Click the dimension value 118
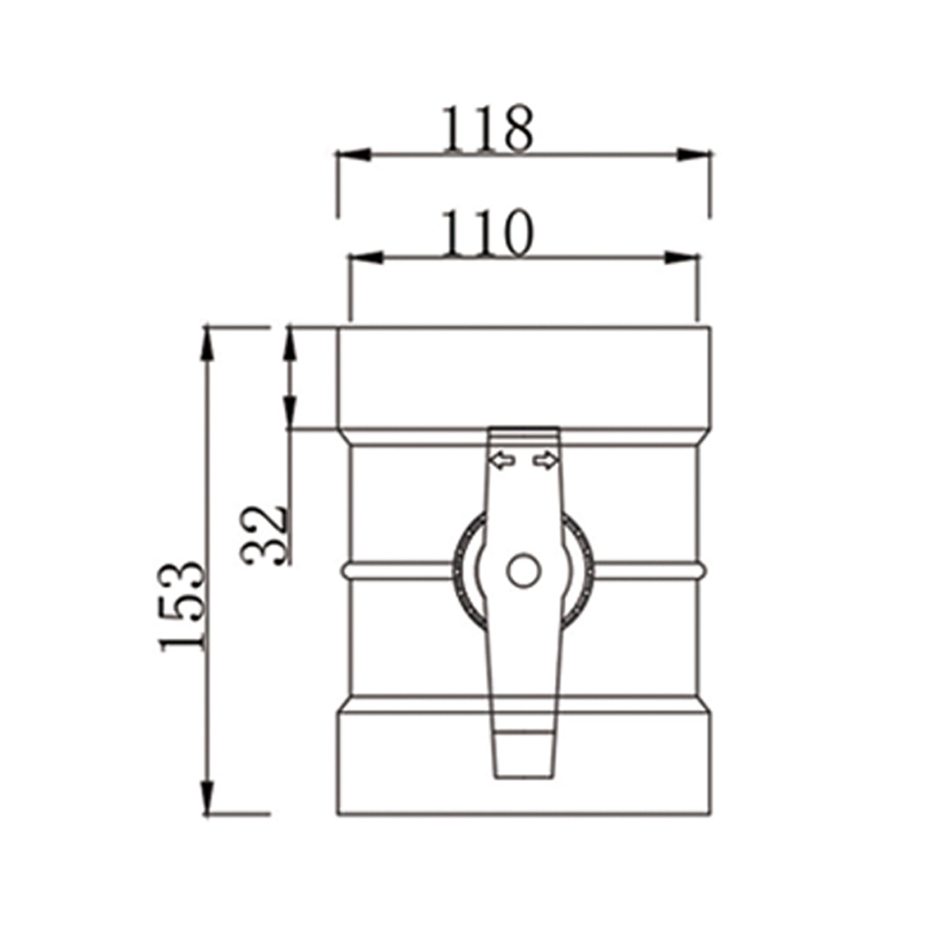click(485, 130)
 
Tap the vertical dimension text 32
click(265, 534)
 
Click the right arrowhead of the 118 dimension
click(694, 154)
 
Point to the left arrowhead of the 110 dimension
click(367, 257)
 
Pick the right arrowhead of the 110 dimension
click(682, 257)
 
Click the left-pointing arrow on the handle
click(502, 461)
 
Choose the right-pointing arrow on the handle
click(545, 461)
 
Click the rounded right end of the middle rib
click(702, 570)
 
